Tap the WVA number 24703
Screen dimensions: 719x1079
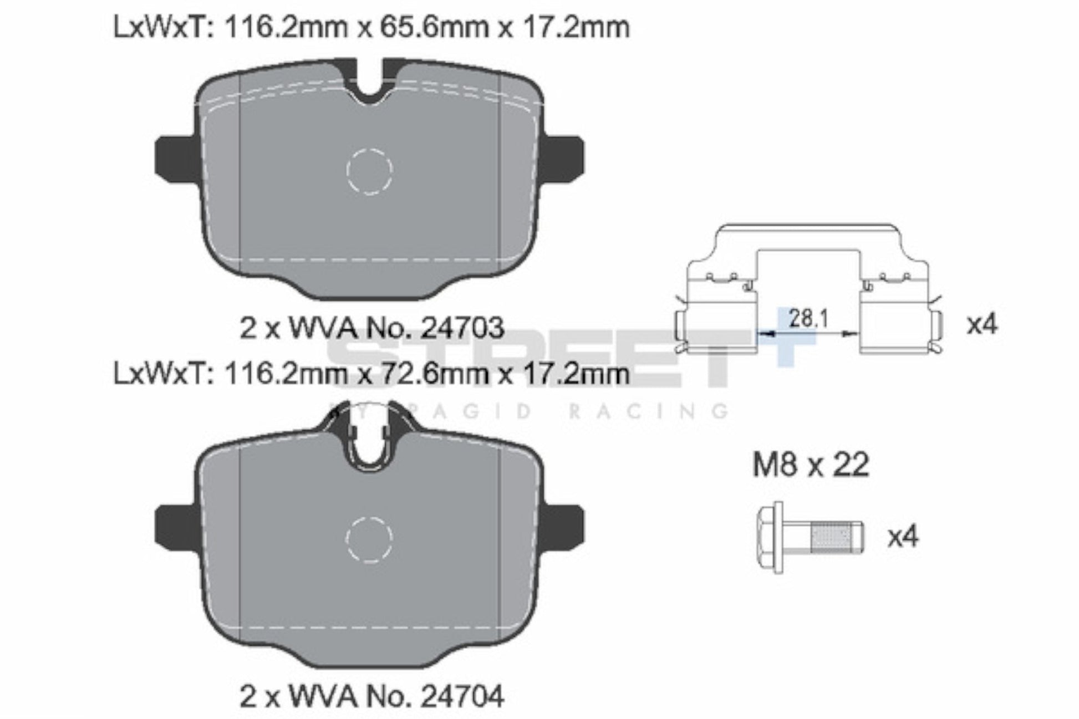pos(462,328)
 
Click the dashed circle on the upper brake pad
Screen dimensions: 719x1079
pos(369,171)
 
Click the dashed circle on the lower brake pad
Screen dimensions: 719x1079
pos(369,538)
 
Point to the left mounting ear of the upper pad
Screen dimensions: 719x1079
pos(174,158)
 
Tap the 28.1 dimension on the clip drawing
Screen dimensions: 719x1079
pos(808,319)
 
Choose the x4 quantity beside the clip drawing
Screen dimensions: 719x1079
pos(981,324)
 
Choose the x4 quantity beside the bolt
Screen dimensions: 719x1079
pos(903,537)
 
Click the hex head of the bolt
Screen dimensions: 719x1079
pos(770,537)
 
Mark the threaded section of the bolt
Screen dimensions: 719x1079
pos(830,537)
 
